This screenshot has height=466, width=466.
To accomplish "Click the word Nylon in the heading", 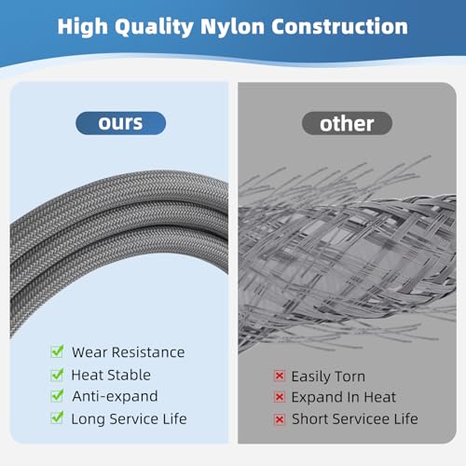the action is (x=232, y=27).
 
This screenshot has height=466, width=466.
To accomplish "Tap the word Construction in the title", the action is (x=340, y=26).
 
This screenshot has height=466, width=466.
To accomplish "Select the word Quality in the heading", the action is (x=155, y=27).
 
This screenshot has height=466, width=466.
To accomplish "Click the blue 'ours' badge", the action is (x=120, y=123).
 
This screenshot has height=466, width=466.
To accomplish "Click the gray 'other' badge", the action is (x=347, y=123).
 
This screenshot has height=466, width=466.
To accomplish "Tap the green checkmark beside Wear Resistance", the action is (x=57, y=351).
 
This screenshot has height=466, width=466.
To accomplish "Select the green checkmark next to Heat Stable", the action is (x=57, y=375).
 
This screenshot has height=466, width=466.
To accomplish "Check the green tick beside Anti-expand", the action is (x=57, y=395).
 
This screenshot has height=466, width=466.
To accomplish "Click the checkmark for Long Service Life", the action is (x=57, y=418).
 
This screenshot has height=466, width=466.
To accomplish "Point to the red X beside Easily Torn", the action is (x=280, y=376).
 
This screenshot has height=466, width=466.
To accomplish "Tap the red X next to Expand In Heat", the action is (x=280, y=397).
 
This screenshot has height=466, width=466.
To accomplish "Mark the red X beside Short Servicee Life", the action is (x=280, y=419).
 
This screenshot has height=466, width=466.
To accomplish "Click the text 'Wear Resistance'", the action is (x=129, y=352).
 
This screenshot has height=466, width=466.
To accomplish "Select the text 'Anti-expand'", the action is (x=115, y=397).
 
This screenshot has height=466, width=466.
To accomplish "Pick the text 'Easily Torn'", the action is (x=328, y=377).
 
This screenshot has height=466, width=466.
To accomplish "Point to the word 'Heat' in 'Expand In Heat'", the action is (x=379, y=397).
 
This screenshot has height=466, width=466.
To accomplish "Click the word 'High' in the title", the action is (x=83, y=27).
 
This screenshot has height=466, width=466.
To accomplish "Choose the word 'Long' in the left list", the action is (x=89, y=419).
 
